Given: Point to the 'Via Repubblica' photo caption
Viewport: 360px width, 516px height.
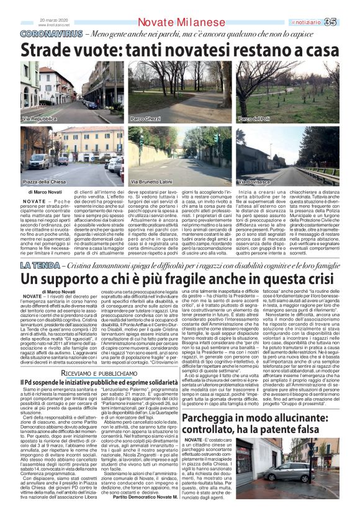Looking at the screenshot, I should click(38, 118).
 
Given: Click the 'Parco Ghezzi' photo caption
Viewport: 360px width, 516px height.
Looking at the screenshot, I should click(145, 118).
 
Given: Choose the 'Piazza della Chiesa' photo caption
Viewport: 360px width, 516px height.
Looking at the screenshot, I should click(44, 182).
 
